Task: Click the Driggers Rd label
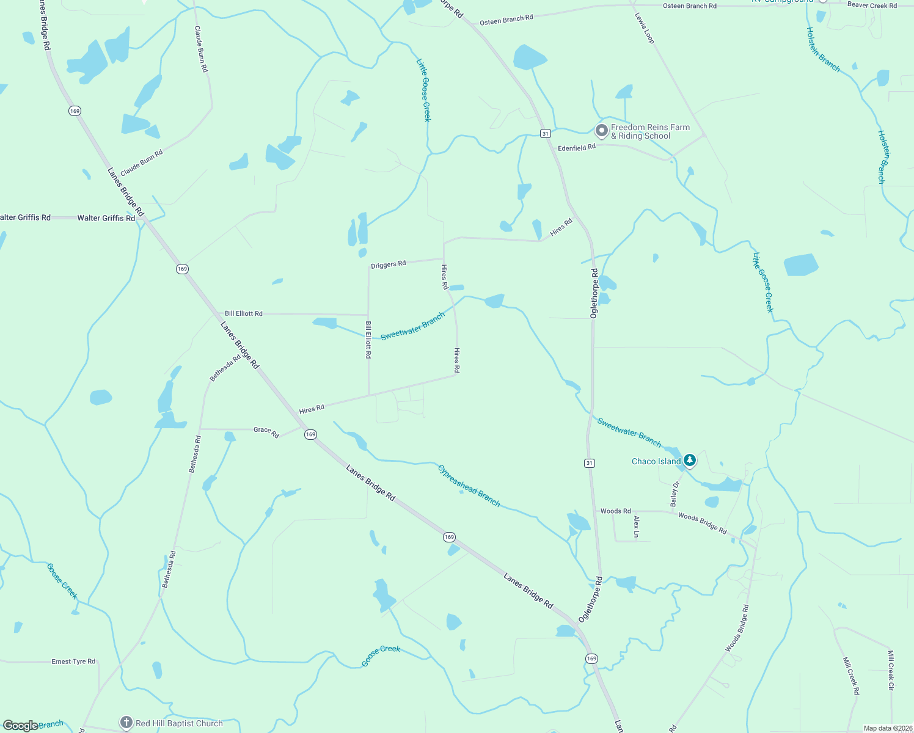388,264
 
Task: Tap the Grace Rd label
266,432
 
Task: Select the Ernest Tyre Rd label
73,662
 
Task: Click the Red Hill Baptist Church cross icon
126,723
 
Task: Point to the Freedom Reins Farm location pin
601,131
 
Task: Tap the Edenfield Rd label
576,148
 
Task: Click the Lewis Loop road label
645,28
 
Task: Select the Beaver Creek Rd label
872,5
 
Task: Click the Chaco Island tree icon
690,460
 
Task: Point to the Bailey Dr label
675,494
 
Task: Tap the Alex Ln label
637,527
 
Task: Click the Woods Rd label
615,511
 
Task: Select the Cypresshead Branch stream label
469,486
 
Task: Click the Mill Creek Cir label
891,670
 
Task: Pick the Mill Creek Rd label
851,676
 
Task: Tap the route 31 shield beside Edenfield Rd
546,133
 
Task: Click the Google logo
20,726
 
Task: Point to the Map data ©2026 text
887,728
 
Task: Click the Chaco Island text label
656,462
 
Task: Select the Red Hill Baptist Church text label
179,723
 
